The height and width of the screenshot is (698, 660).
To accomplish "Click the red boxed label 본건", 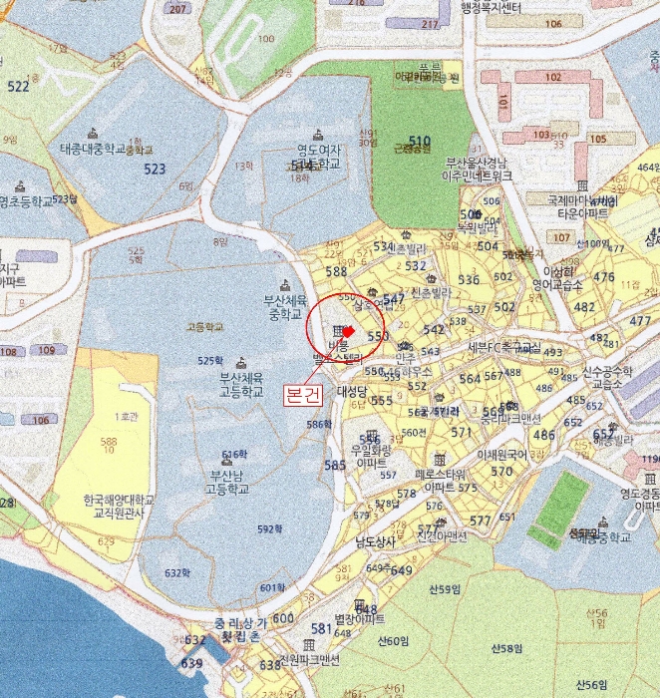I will coord(303,394).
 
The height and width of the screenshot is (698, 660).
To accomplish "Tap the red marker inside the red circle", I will coord(348,332).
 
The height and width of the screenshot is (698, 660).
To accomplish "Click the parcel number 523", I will coord(155,170).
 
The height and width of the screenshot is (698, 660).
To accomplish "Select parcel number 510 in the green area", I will coord(419,142).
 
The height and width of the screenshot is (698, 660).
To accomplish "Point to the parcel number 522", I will coord(18,87).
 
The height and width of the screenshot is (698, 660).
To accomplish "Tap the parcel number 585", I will coord(335,466).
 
